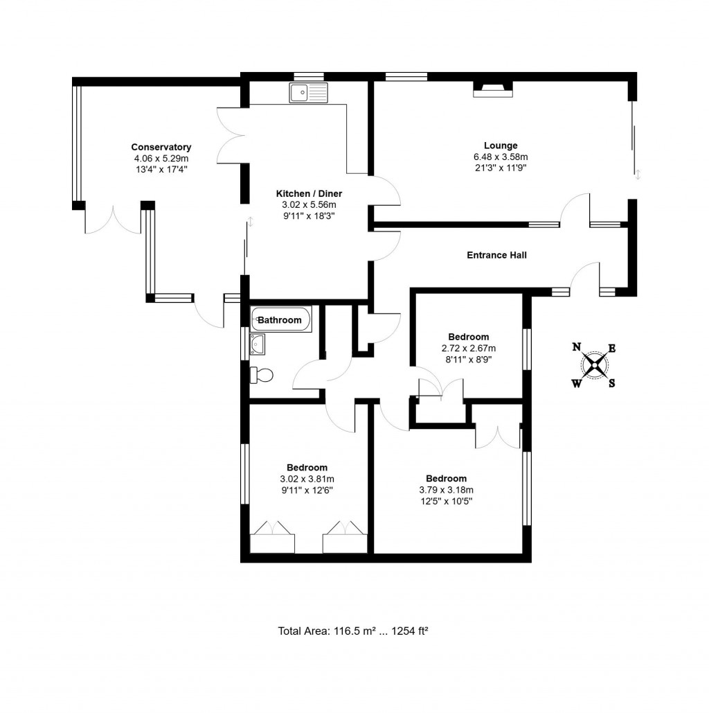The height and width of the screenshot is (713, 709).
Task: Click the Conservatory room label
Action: click(x=161, y=147)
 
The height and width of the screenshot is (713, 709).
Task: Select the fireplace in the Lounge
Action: click(x=493, y=88)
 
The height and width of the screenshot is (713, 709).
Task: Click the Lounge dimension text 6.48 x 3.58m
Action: click(x=500, y=157)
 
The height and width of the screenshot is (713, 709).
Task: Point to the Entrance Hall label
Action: click(x=496, y=255)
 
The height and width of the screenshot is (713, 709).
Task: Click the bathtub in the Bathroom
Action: click(x=281, y=319)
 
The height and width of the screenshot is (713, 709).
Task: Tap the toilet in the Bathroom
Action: click(x=262, y=375)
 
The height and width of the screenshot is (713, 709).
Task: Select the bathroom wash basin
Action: click(x=258, y=343)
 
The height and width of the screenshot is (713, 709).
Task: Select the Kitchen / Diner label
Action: click(x=309, y=193)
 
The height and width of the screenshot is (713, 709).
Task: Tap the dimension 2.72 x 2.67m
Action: click(x=468, y=349)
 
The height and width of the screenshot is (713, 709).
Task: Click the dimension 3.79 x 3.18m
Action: click(x=446, y=490)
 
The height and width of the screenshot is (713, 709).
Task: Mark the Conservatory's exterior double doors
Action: click(x=113, y=221)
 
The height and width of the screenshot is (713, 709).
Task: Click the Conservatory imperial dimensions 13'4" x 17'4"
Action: click(x=161, y=168)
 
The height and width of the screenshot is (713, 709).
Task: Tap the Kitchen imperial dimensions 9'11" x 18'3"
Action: click(x=309, y=215)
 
